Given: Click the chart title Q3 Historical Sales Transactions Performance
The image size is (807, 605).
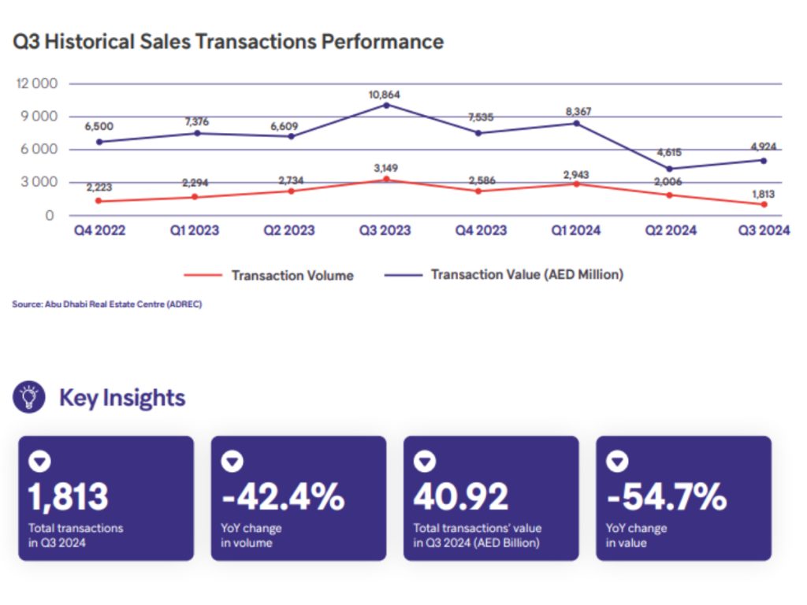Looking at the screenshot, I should click(229, 42).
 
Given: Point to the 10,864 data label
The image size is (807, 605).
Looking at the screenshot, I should click(385, 95).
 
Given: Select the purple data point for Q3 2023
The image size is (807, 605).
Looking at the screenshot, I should click(385, 104).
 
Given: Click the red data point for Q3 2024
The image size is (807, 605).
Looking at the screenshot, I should click(764, 204).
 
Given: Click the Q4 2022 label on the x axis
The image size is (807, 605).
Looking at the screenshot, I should click(99, 230).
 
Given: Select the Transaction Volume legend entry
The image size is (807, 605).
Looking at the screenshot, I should click(292, 275).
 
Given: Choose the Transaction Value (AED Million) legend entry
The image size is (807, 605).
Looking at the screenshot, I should click(526, 275).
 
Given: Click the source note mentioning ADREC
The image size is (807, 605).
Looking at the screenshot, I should click(107, 304).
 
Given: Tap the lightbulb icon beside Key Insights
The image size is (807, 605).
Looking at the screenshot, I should click(29, 396).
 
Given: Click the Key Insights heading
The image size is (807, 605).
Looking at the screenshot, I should click(122, 397).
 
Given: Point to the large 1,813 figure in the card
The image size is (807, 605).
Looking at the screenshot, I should click(69, 496).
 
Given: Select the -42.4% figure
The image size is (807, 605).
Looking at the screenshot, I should click(283, 496).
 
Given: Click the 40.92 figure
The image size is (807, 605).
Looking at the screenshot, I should click(461, 496).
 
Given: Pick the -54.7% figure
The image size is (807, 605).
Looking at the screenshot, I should click(667, 496).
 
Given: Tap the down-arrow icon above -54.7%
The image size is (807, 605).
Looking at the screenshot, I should click(619, 462).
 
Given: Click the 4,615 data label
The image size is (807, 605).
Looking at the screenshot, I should click(669, 154).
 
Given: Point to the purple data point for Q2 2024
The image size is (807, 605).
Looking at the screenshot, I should click(669, 168).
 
